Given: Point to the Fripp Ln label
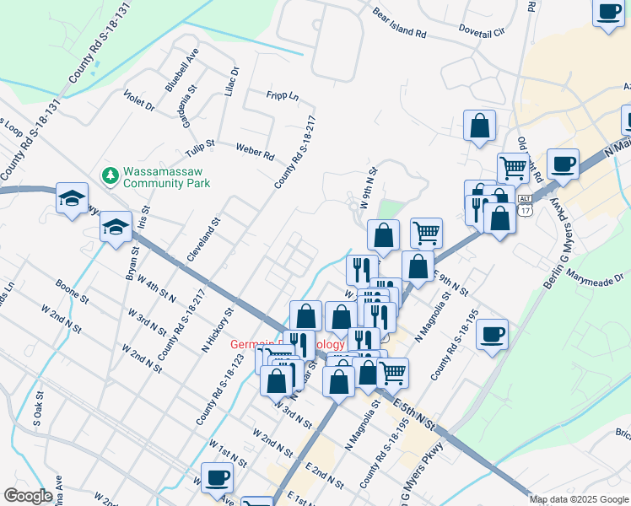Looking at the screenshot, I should click(x=283, y=97).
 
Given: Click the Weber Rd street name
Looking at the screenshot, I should click(x=255, y=151).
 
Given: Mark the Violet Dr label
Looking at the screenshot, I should click(x=139, y=100).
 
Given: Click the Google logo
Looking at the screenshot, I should click(x=28, y=496).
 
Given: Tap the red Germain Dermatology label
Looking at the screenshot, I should click(x=287, y=344).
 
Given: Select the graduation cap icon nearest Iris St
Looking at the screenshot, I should click(x=116, y=226).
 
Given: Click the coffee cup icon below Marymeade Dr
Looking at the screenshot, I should click(x=492, y=334).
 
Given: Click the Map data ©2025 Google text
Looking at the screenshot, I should click(x=578, y=499).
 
